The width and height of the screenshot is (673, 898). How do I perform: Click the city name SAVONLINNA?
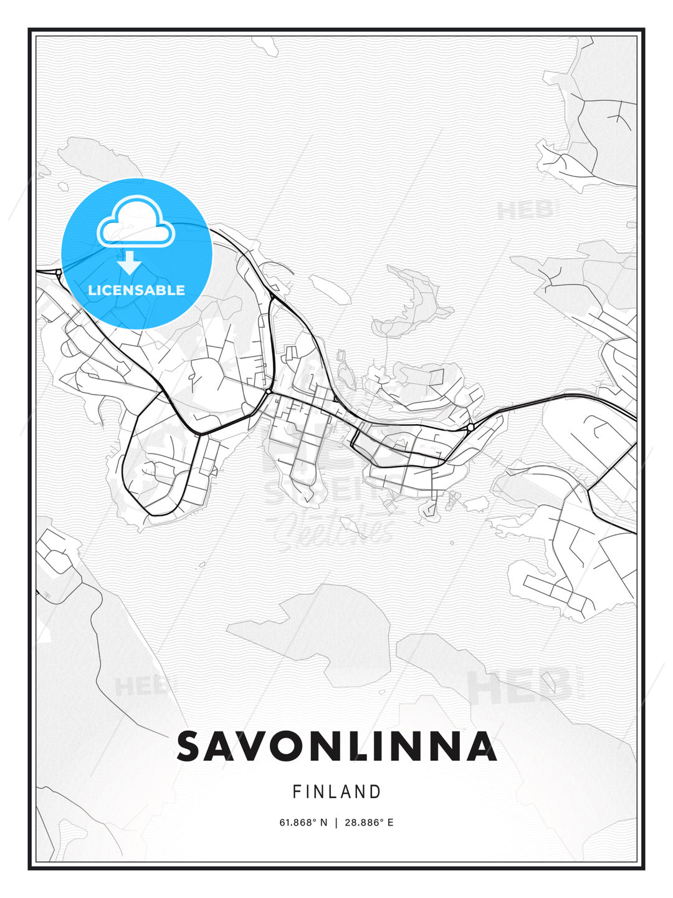(x=336, y=746)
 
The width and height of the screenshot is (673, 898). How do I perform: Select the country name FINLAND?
(x=336, y=792)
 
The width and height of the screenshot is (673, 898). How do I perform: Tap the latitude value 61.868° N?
(x=303, y=823)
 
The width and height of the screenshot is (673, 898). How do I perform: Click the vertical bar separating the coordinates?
(x=337, y=823)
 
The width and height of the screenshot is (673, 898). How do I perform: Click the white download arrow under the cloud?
(x=130, y=263)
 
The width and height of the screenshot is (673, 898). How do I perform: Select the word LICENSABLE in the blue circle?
(x=136, y=290)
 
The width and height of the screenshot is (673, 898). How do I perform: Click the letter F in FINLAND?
(x=297, y=792)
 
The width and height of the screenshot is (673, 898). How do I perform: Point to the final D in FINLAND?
(x=375, y=792)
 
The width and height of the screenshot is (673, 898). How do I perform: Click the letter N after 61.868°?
(x=323, y=823)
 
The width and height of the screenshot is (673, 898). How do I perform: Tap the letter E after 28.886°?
(x=390, y=823)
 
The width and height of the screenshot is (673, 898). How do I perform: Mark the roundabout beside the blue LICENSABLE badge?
(x=58, y=272)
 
